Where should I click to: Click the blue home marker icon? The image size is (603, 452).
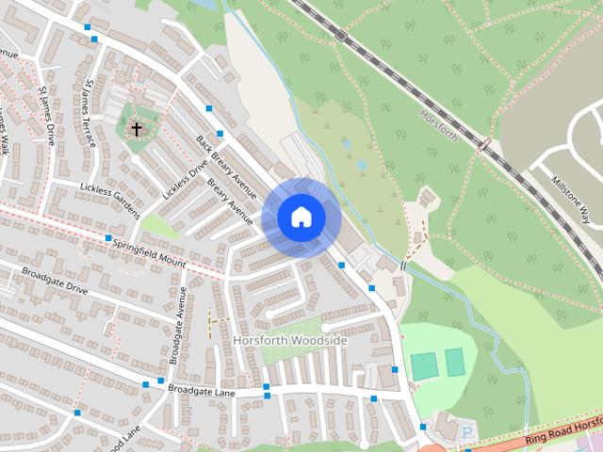coord(301,218)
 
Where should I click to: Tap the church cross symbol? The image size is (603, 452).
coord(137,128)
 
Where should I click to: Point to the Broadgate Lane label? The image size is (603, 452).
coord(200,388)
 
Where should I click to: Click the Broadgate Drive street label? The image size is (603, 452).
coord(53,280)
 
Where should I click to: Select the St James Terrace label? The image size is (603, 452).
coord(90,113)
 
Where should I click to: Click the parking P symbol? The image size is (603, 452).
coord(468,432)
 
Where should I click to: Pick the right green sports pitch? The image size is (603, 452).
coord(455,362)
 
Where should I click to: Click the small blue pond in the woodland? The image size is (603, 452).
coord(361,164)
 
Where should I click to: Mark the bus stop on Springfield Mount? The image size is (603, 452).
coord(108,238)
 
